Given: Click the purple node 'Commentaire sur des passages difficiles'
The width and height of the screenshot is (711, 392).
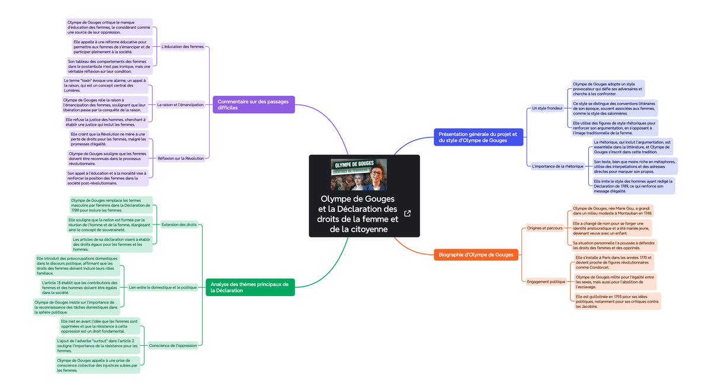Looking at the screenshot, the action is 254,105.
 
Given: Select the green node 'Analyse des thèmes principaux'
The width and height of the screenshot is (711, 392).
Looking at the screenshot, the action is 250,287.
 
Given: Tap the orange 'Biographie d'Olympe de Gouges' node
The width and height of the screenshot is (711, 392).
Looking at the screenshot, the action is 476,255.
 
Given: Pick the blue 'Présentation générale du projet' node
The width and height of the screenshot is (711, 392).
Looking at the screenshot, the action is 478,137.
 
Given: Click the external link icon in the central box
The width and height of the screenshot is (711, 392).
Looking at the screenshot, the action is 408,213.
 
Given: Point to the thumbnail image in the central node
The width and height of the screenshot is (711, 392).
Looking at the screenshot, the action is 358,175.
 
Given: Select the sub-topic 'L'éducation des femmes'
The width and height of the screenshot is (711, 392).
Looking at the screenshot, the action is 182,47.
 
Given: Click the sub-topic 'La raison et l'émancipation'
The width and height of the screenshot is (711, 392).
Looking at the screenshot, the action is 180,105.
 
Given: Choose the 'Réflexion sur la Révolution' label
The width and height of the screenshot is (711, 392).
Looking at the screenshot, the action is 181,158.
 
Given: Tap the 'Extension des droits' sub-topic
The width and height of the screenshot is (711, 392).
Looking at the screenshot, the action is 179,224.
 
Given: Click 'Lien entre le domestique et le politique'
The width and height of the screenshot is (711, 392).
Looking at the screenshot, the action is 162,287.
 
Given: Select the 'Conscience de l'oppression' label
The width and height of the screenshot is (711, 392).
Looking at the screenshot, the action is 172,345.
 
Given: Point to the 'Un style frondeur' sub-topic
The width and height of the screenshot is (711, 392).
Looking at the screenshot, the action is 547,108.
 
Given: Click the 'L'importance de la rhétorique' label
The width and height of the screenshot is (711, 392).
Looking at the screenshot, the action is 558,166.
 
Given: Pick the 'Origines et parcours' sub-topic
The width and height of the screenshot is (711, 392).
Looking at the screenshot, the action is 545,228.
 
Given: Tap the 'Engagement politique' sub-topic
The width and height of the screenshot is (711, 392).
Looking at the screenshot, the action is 546,282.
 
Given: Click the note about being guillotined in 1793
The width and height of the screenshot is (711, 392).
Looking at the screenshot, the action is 617,301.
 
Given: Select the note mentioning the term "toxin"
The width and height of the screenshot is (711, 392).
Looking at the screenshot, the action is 105,85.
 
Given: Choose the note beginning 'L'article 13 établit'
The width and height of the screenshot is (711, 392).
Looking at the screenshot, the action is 80,288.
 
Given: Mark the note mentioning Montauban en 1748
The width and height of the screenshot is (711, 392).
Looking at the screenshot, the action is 612,211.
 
